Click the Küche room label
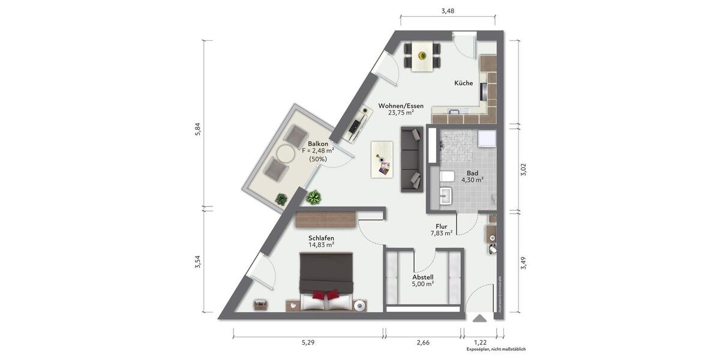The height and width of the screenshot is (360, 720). [463, 83]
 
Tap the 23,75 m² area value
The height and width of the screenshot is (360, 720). [401, 112]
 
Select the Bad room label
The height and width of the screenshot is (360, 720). [472, 173]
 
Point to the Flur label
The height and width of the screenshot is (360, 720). [442, 227]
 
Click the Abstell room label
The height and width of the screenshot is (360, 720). [423, 277]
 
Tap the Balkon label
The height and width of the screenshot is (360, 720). [318, 144]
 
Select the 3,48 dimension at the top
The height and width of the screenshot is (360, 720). [448, 11]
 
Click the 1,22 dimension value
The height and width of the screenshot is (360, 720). [480, 342]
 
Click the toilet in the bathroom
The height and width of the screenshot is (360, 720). [446, 176]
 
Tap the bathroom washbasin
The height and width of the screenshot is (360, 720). [445, 196]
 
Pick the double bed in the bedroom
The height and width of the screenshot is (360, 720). [326, 281]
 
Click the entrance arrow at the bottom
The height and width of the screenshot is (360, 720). [480, 319]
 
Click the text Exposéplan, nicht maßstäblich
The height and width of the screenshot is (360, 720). [496, 349]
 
